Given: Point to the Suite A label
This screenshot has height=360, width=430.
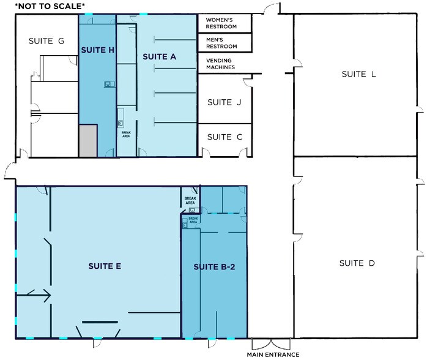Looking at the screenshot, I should click(160, 57).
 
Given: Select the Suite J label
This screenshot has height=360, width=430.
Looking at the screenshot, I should click(224, 102).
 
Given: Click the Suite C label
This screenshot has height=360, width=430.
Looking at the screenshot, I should click(224, 137).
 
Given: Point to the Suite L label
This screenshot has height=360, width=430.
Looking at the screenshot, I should click(358, 75).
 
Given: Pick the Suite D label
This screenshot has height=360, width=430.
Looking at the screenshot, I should click(357, 263).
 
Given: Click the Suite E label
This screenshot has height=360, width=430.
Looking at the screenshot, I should click(104, 266).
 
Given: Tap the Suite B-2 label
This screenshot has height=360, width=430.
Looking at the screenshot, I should click(215, 267).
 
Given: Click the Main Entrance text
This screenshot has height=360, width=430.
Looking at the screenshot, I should click(273, 354).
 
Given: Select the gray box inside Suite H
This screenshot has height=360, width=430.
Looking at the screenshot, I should click(87, 141).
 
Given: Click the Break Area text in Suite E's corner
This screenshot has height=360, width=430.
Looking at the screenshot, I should click(190, 200).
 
